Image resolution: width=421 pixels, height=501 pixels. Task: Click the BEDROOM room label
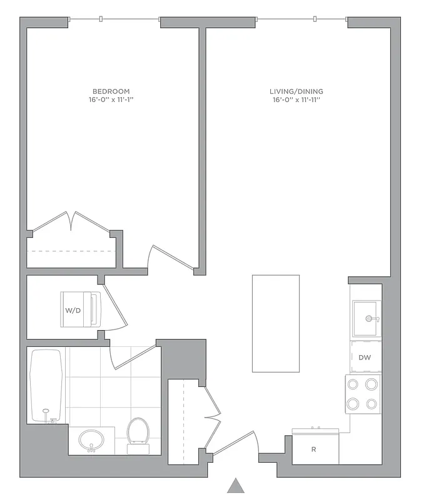coord(111,91)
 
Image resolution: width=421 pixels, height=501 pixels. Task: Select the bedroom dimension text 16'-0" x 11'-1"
coord(111,100)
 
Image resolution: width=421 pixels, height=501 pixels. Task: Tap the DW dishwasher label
coord(365,358)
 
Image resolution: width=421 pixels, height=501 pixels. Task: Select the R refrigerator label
coord(313,449)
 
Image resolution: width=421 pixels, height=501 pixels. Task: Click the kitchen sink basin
coord(366,318)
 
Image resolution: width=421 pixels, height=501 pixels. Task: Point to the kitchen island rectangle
coord(275,323)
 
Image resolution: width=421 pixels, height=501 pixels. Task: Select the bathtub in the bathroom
coord(46,386)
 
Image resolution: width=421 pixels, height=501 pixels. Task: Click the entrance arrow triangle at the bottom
coord(235,486)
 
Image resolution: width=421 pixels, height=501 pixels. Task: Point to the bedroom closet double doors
coord(73,222)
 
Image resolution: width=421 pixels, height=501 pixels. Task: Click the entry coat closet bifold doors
coord(213,413)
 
